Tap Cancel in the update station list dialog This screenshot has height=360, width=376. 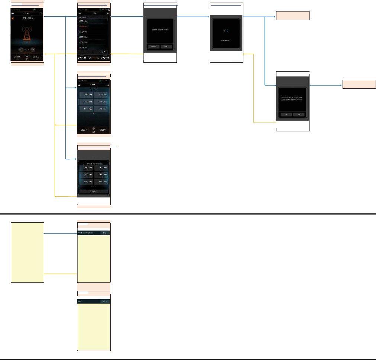pos(153,47)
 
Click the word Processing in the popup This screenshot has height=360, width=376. pos(226,40)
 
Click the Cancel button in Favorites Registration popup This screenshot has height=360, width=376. pos(94,192)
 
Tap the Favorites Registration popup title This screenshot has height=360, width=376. pos(93,163)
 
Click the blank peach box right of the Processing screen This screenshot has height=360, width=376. pos(292,16)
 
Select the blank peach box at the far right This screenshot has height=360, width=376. pos(359,84)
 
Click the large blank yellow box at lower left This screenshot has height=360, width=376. pos(27,252)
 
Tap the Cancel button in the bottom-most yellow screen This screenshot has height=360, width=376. pos(105,301)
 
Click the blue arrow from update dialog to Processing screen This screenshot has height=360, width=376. pos(193,17)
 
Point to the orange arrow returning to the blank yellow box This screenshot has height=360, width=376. pos(59,274)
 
